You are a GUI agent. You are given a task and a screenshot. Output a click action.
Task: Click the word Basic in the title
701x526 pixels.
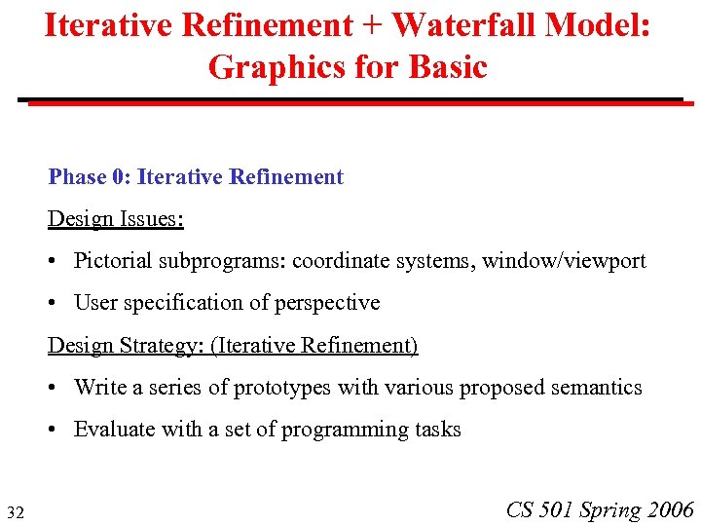pyautogui.click(x=443, y=67)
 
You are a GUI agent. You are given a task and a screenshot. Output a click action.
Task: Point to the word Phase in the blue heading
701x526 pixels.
pyautogui.click(x=78, y=177)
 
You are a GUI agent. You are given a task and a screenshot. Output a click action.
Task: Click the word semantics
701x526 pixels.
pyautogui.click(x=596, y=388)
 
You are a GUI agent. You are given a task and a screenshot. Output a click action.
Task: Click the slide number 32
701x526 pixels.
pyautogui.click(x=16, y=512)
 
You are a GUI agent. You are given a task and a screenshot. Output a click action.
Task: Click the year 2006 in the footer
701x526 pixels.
pyautogui.click(x=670, y=509)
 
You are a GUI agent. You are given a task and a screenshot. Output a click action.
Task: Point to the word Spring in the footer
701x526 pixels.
pyautogui.click(x=610, y=510)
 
